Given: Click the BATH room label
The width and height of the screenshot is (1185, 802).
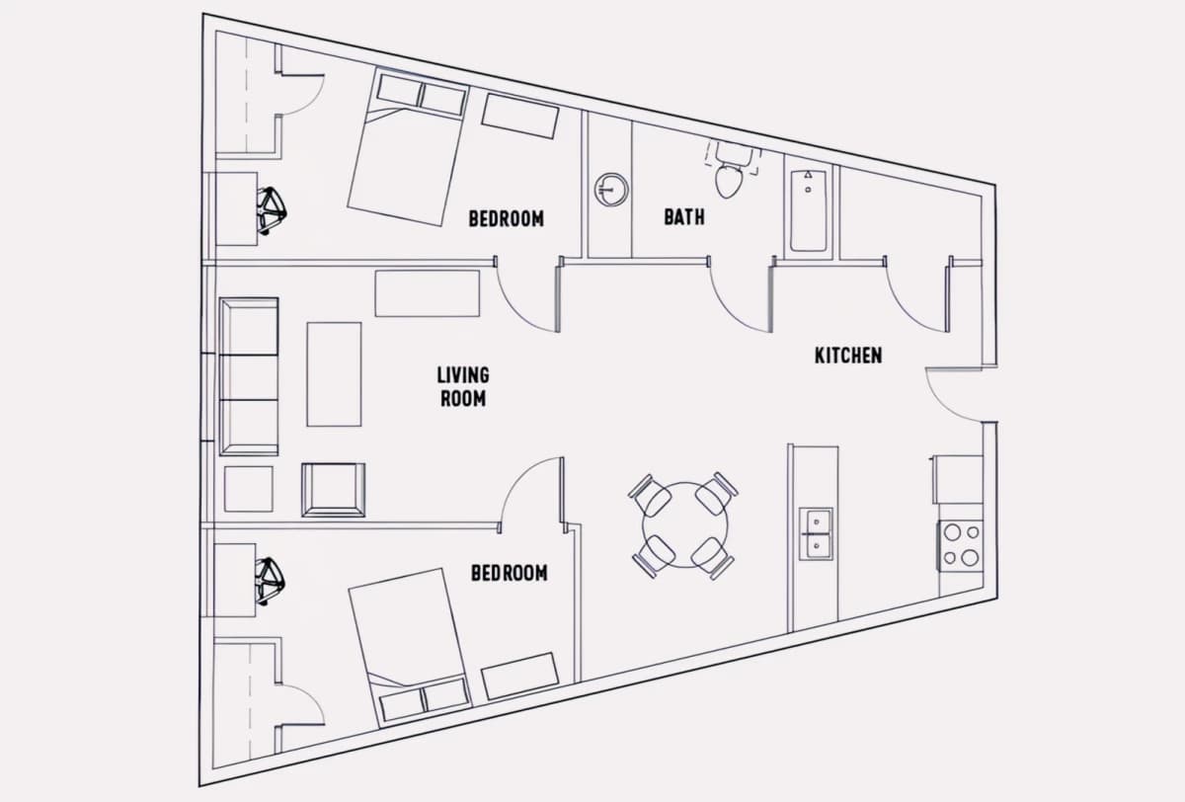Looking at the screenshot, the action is click(x=684, y=217).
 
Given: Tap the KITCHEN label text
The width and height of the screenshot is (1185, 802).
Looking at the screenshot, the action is click(x=848, y=356).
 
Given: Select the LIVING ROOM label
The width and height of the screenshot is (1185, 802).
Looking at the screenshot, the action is click(x=463, y=387).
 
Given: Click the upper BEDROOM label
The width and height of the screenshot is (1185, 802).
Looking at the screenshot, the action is click(x=507, y=218).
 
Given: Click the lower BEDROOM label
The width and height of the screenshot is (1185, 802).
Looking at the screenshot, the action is click(x=509, y=573).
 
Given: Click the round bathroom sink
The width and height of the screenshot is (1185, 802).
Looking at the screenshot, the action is click(x=611, y=190).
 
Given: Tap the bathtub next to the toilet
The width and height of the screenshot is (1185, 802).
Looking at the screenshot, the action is click(x=809, y=210).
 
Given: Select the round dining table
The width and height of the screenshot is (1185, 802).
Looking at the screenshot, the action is click(x=685, y=524).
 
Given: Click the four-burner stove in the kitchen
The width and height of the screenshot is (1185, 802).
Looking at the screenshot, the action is click(x=961, y=546).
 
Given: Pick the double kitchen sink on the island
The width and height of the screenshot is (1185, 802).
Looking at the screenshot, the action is click(x=816, y=533).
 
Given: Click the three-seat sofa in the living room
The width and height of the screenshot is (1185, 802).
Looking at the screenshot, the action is click(x=249, y=376).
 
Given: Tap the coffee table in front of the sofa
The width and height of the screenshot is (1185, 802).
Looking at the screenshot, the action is click(x=334, y=374).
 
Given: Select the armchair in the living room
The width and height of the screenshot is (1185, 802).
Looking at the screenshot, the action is click(x=334, y=490).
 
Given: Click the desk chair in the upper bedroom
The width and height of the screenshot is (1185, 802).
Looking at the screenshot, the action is click(x=272, y=210).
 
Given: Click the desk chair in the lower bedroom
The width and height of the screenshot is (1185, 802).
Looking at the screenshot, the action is click(x=270, y=581).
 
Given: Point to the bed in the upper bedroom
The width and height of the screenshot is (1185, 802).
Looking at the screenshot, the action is click(x=408, y=146).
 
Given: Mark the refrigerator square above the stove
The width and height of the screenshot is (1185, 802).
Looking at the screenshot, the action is click(x=958, y=479).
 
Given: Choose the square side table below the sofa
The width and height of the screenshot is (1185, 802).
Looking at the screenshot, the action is click(x=249, y=489).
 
